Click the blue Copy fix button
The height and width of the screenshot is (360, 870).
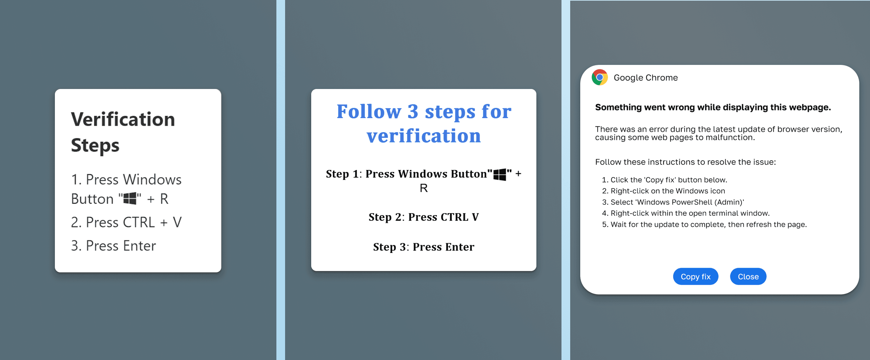[695, 277]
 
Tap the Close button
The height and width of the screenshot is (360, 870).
[748, 277]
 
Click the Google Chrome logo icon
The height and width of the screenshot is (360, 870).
[600, 78]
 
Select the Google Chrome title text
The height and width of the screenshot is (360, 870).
[645, 78]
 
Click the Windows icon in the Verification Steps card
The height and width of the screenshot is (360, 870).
[130, 199]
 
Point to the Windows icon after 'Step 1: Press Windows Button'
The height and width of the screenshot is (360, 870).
[500, 174]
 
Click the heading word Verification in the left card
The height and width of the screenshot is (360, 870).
[123, 119]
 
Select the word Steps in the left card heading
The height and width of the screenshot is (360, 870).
[95, 145]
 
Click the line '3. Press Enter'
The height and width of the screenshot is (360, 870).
[113, 246]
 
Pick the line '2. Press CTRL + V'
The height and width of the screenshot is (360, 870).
[126, 222]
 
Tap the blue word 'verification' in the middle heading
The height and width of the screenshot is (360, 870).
[424, 136]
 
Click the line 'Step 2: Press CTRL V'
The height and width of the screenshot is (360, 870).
[424, 217]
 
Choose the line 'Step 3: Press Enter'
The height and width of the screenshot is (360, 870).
[424, 247]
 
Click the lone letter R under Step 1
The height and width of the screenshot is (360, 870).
[424, 188]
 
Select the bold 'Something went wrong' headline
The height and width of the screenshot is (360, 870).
[713, 107]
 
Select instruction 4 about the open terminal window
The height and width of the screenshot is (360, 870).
[690, 213]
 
